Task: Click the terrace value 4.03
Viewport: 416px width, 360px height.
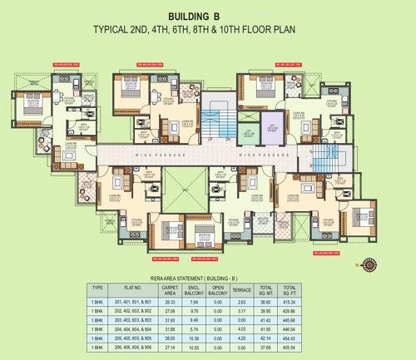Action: point(241,328)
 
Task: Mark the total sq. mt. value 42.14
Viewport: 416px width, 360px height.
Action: point(265,338)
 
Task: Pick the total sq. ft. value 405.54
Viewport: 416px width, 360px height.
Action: point(289,347)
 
